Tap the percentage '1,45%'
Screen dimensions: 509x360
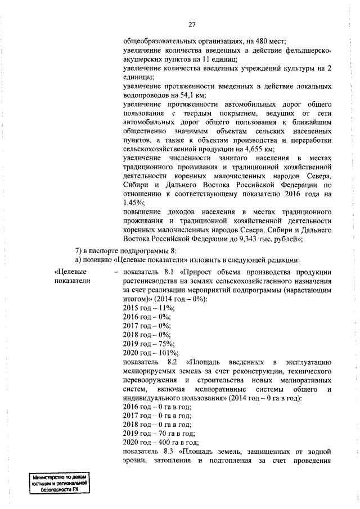tap(133, 203)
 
